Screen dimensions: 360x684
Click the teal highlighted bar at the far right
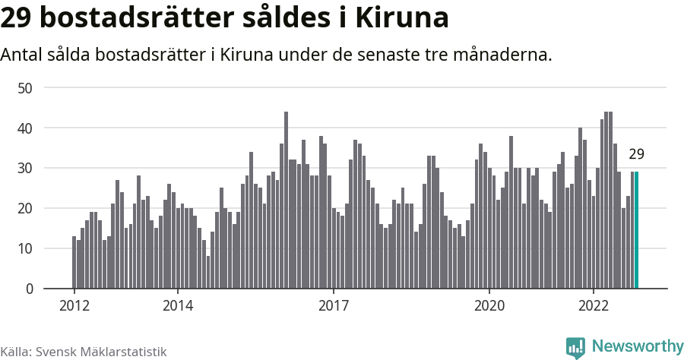(x=637, y=230)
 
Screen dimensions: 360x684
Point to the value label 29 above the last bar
(x=637, y=155)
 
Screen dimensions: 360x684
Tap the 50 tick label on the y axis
(x=25, y=88)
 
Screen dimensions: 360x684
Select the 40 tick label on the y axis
(x=25, y=128)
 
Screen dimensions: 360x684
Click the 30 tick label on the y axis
(x=25, y=169)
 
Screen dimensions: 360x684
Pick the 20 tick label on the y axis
(x=25, y=209)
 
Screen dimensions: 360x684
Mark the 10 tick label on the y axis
(x=25, y=248)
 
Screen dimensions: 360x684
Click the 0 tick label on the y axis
(x=29, y=289)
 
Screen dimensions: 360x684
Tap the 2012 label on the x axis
(x=74, y=306)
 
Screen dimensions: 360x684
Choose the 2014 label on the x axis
(x=177, y=306)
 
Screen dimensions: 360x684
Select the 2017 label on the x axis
(x=333, y=306)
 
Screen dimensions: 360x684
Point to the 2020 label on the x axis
(x=489, y=306)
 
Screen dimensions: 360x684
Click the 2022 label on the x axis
(x=592, y=306)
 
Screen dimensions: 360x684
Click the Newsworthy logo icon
(x=575, y=347)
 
